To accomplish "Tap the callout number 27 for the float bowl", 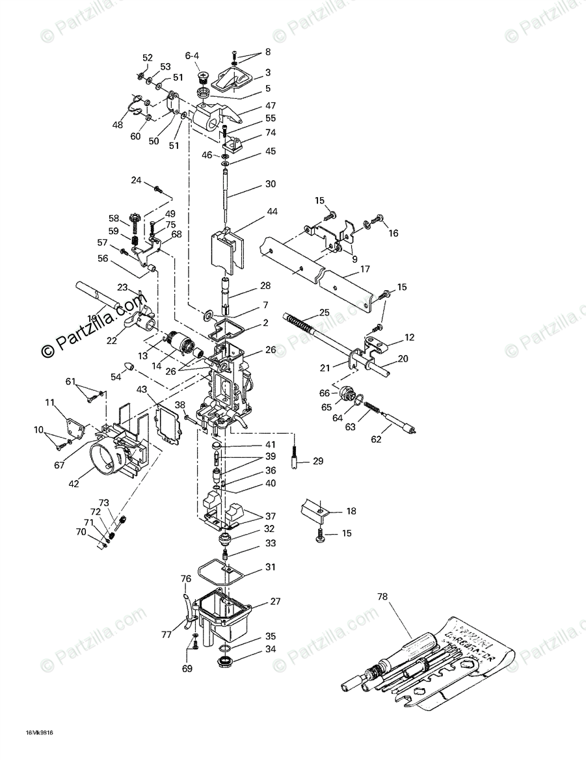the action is click(x=276, y=602).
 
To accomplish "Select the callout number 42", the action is click(x=74, y=483).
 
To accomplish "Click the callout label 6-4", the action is click(x=193, y=56).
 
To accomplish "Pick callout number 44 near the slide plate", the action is click(x=271, y=212).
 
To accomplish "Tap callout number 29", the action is click(x=317, y=461).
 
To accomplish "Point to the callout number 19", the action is click(x=92, y=319).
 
